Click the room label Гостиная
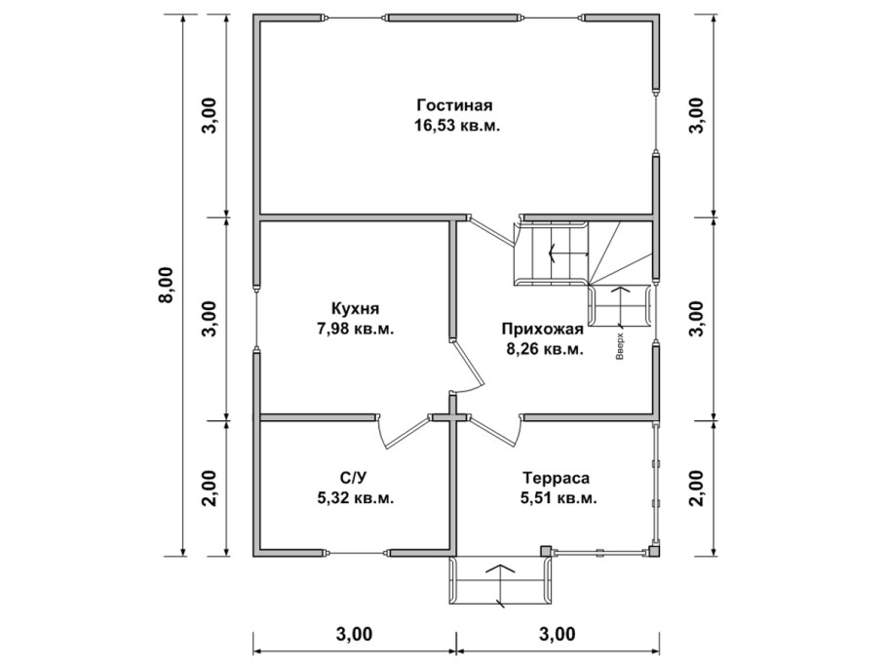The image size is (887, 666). tap(454, 105)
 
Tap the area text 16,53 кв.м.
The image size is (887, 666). tap(457, 125)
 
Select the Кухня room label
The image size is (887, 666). tap(355, 308)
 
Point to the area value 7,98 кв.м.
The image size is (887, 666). tap(355, 329)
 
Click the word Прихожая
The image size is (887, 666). tap(542, 329)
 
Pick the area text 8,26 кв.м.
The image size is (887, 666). tap(545, 349)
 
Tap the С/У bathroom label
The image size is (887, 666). tap(354, 478)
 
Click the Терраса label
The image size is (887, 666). tap(556, 478)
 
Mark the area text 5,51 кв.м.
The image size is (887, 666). tap(559, 498)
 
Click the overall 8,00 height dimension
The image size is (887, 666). tap(168, 285)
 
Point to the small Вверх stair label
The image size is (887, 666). tap(620, 346)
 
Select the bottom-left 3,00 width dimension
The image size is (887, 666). tap(354, 634)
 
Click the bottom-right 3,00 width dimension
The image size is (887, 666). tap(558, 634)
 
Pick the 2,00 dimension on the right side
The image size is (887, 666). tap(697, 489)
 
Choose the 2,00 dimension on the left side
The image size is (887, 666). tap(210, 489)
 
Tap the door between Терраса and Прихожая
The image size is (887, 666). tap(496, 430)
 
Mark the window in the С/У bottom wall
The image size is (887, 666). tap(355, 552)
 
